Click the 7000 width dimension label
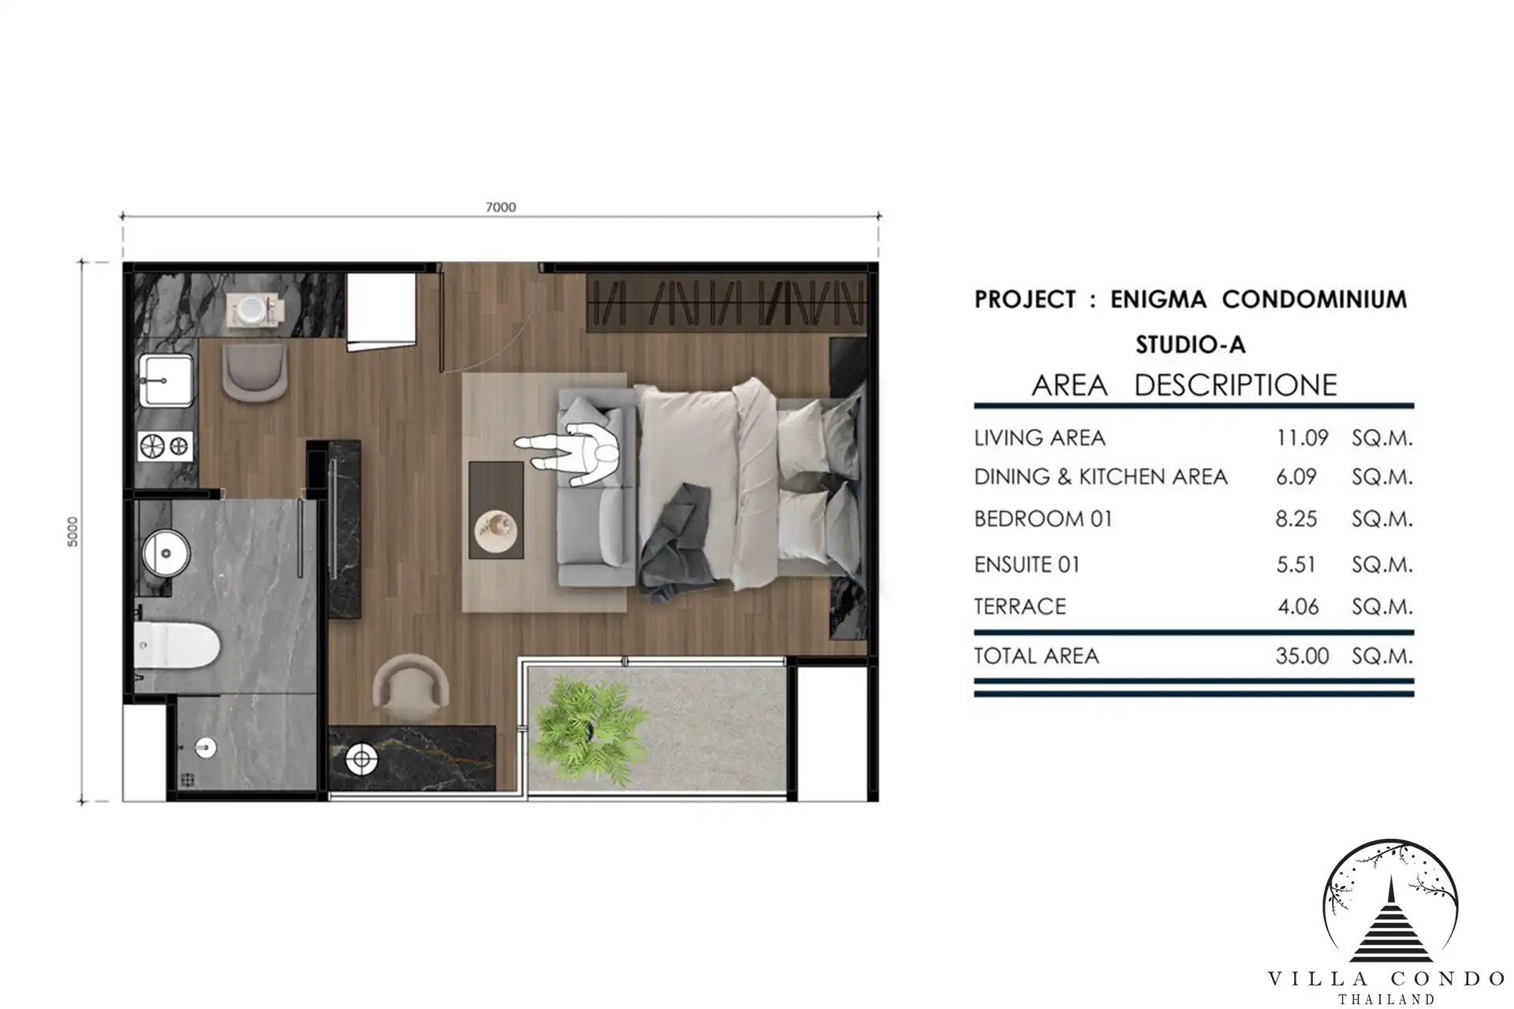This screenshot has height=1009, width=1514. click(501, 207)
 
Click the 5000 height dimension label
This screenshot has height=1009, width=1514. click(73, 532)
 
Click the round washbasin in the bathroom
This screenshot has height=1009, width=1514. click(166, 553)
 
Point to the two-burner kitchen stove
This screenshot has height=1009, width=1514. click(166, 446)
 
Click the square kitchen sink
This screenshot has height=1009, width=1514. click(166, 380)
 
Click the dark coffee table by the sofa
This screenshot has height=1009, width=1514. click(496, 510)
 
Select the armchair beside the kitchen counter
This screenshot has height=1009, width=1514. click(255, 370)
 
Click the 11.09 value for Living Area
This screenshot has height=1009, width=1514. click(1302, 437)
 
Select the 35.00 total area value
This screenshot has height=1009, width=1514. click(1302, 656)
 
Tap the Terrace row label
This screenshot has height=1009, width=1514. click(1020, 606)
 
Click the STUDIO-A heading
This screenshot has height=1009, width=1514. click(1191, 344)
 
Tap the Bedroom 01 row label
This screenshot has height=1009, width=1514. click(1043, 519)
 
